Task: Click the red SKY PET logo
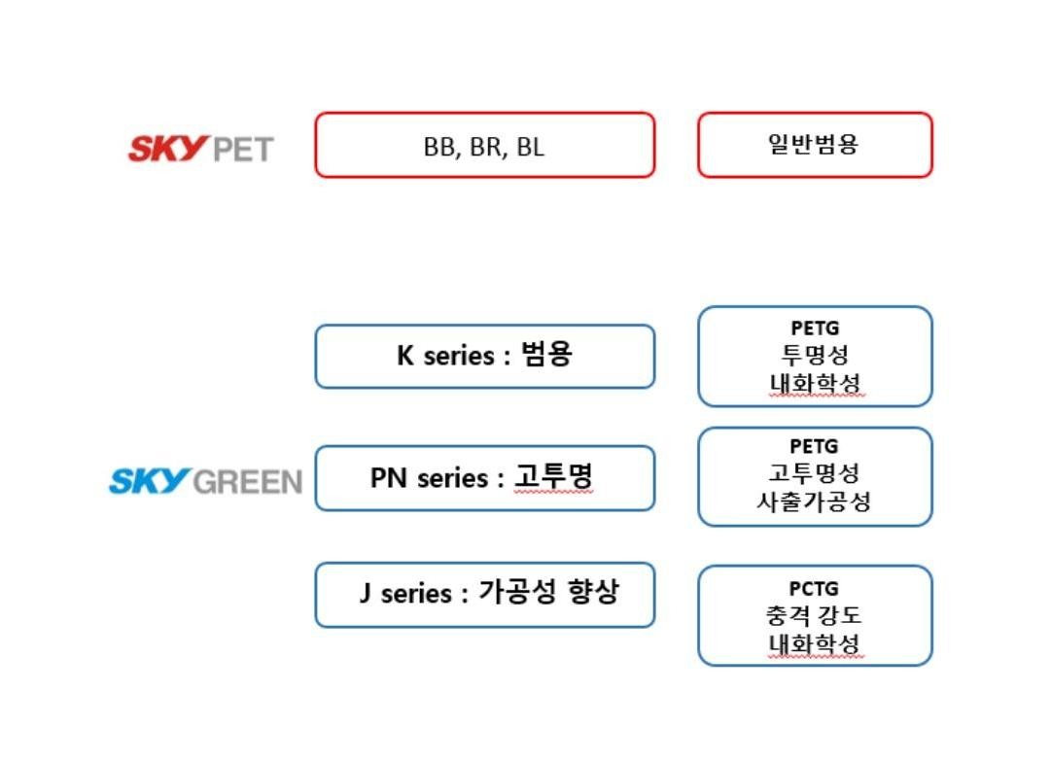coord(200,149)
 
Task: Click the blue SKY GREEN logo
coord(205,481)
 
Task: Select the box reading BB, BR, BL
coord(484,145)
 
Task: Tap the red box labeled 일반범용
coord(815,145)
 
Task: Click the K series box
coord(484,357)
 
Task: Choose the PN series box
coord(484,478)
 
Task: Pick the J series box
coord(484,595)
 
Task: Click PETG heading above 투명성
coord(815,329)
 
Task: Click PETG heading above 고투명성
coord(814,446)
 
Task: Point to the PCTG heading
coord(814,589)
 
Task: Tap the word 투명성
coord(815,355)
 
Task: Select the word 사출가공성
coord(814,502)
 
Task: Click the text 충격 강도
coord(814,615)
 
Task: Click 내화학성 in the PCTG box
coord(814,643)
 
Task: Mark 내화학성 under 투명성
coord(815,383)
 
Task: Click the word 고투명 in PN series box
coord(553,476)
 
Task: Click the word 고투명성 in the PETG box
coord(814,473)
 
